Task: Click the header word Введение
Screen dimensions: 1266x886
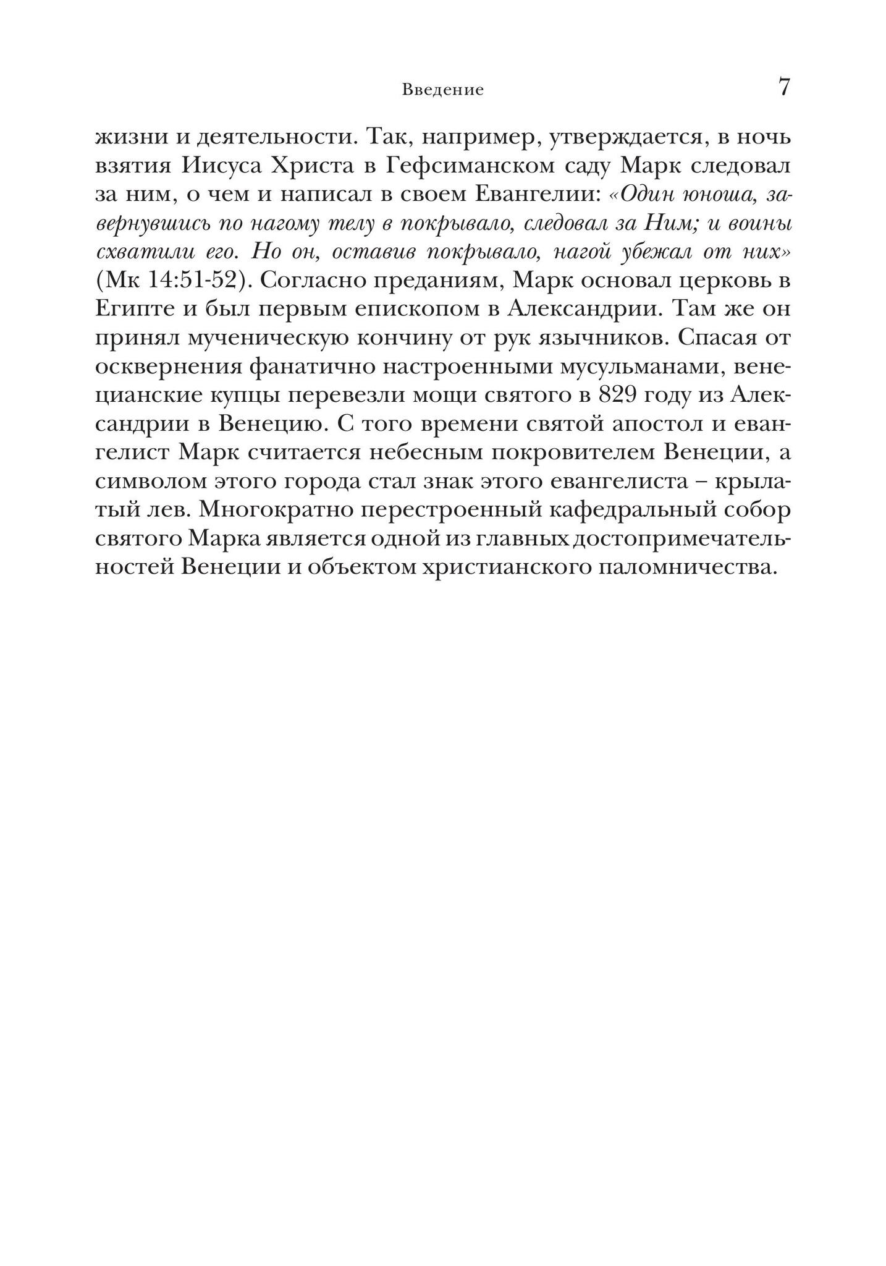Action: click(x=442, y=90)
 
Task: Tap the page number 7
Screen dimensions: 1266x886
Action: click(x=783, y=87)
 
